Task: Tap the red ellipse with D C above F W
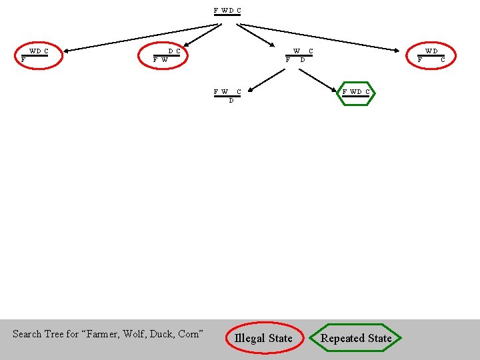coord(167,55)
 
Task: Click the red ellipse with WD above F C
coord(431,55)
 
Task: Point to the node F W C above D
coord(227,95)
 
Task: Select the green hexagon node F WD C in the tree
coord(356,93)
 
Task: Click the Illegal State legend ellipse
coord(263,338)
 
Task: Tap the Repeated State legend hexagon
coord(356,338)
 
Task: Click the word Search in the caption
coord(27,334)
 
